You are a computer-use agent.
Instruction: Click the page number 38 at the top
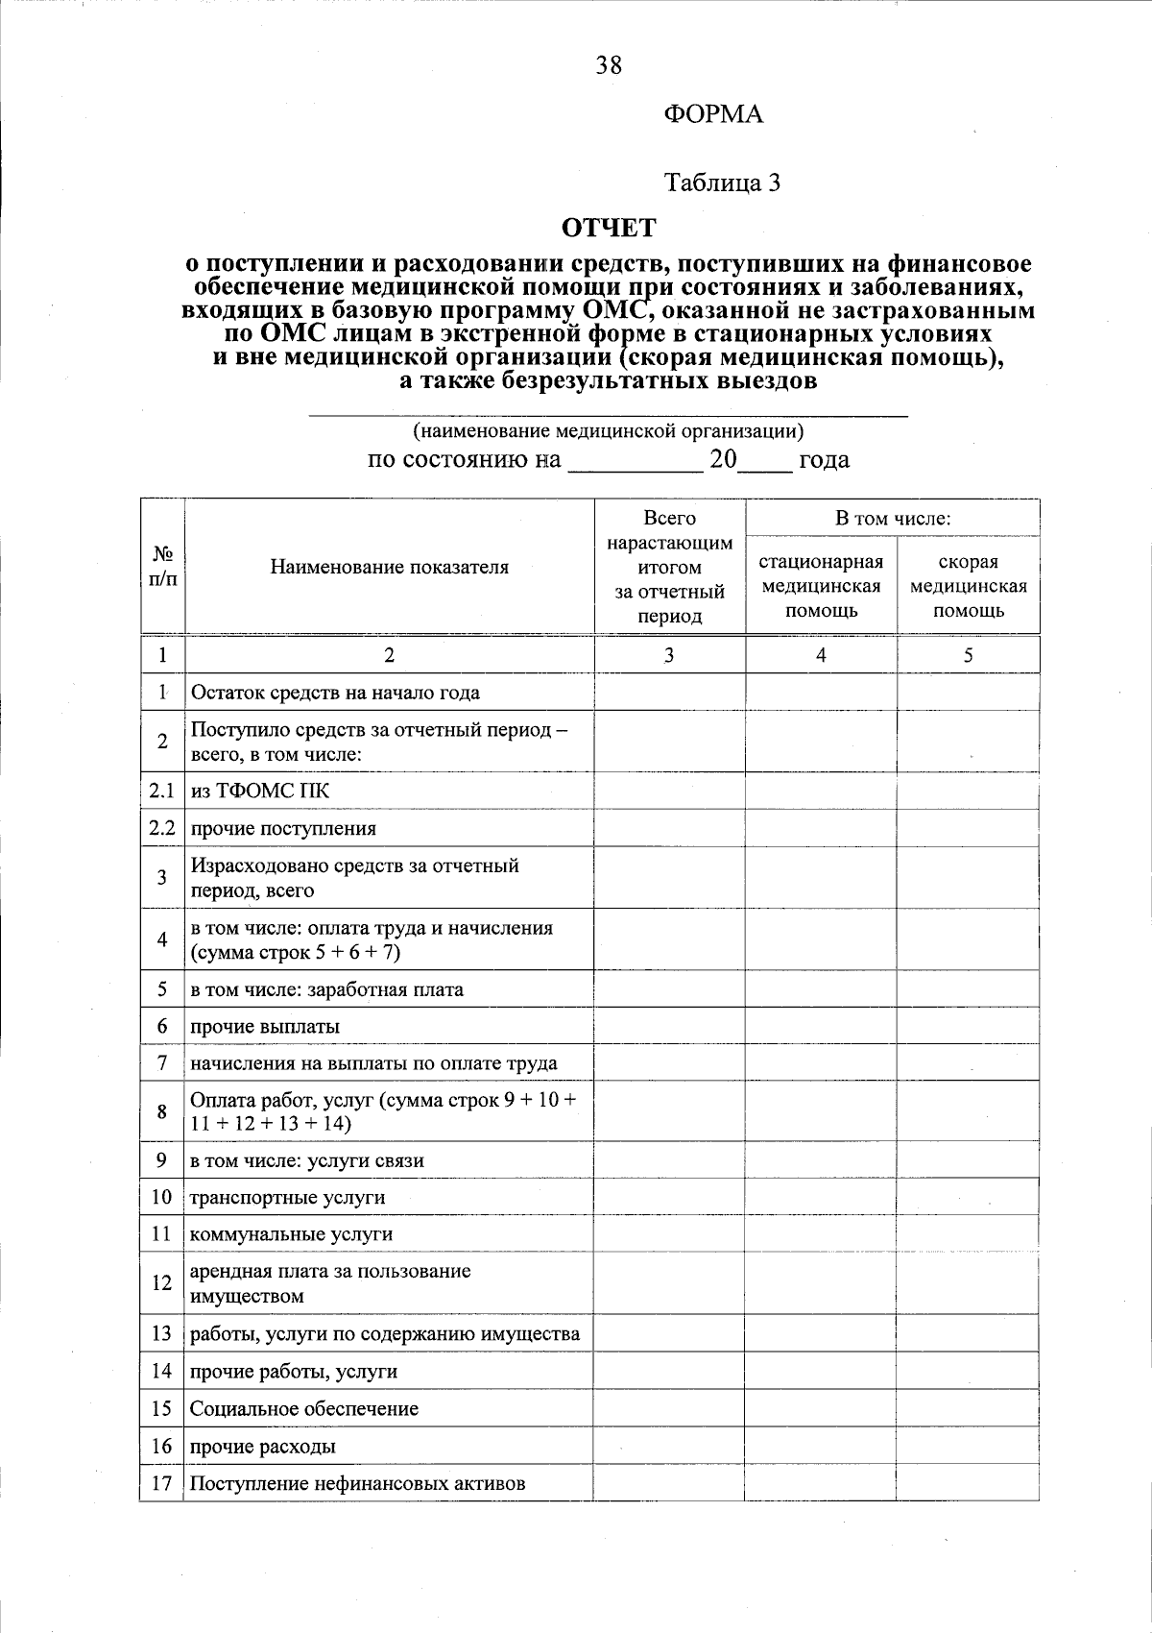(609, 65)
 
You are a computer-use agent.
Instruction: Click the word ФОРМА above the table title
(712, 115)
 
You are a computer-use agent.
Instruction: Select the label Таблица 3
(722, 183)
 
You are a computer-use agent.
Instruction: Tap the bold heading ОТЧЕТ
(609, 228)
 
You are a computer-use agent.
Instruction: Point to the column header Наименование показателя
(389, 567)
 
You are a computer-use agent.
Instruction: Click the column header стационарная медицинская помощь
(821, 586)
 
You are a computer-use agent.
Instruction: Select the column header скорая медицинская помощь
(968, 586)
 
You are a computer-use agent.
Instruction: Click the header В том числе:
(892, 519)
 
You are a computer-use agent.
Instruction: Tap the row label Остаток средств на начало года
(334, 693)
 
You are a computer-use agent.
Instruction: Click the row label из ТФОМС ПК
(259, 792)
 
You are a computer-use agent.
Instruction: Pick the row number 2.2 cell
(162, 828)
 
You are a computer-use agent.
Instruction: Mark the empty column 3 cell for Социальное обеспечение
(669, 1409)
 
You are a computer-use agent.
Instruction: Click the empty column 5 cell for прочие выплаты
(968, 1027)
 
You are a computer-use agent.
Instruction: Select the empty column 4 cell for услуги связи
(821, 1160)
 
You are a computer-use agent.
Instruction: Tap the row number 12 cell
(162, 1283)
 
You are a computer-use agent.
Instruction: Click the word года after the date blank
(824, 460)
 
